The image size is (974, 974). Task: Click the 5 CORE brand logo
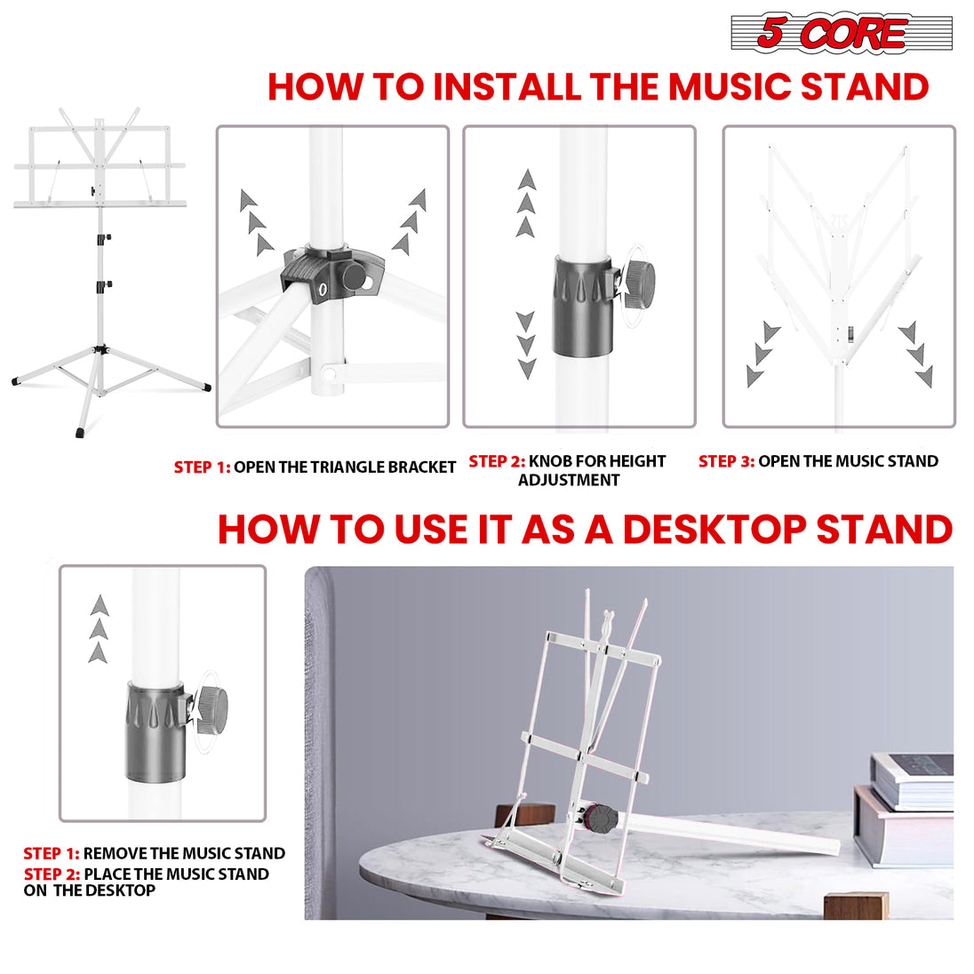(840, 34)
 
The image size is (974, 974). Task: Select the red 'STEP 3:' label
(726, 461)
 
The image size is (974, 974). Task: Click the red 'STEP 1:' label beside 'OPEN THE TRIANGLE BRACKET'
(202, 467)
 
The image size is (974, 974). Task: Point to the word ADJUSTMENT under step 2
(569, 481)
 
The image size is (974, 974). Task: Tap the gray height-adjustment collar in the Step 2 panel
(582, 306)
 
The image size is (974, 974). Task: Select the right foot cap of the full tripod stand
(206, 387)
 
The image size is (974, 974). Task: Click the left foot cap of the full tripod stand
(15, 381)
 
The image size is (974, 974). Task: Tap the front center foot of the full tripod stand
(80, 432)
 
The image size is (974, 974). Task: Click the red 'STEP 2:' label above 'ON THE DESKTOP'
(52, 874)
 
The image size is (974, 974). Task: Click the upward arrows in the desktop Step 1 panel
(99, 629)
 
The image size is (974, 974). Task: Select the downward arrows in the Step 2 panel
(526, 346)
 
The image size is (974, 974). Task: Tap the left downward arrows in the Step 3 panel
(762, 355)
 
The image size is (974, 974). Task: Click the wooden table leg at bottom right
(855, 905)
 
